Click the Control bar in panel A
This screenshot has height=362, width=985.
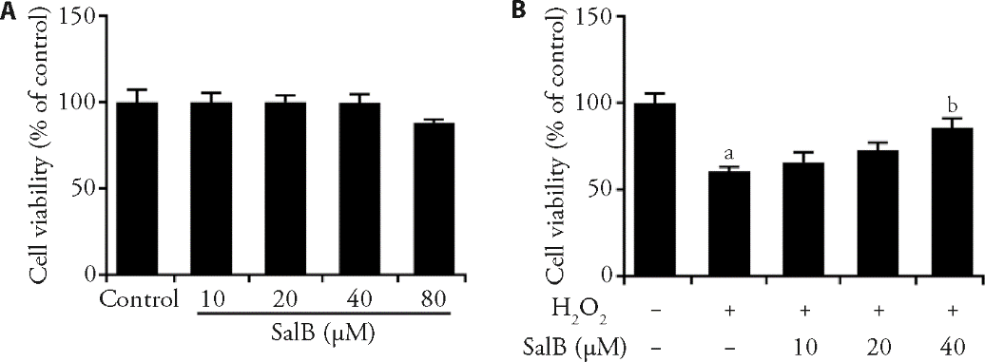tap(137, 188)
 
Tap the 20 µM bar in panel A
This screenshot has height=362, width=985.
tap(285, 188)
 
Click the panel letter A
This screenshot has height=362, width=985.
tap(8, 11)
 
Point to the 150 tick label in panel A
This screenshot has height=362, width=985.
tap(80, 16)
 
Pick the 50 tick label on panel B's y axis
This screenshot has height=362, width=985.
tap(600, 189)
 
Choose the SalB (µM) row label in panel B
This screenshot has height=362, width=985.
tap(576, 345)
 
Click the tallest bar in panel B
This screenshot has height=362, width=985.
tap(655, 189)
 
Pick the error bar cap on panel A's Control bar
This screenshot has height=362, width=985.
tap(137, 89)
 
